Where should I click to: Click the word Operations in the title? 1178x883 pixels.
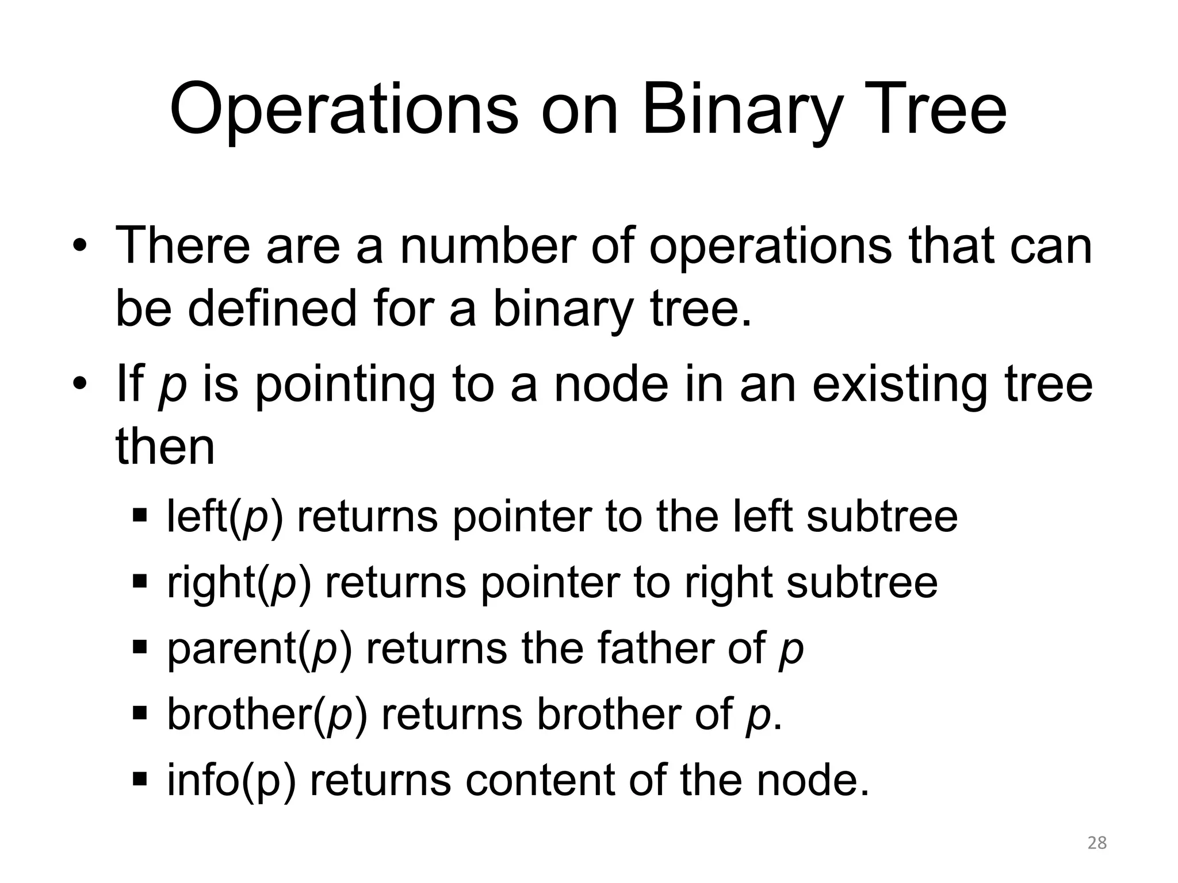click(x=343, y=110)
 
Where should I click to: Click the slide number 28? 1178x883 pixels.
click(x=1097, y=843)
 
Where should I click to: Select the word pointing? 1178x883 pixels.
click(x=345, y=385)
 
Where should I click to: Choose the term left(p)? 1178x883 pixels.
click(x=225, y=517)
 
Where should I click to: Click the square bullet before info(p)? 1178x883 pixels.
click(x=140, y=780)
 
